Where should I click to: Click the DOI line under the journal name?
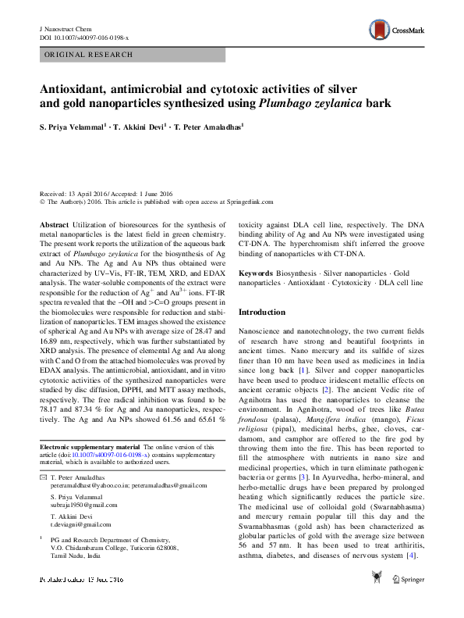tap(84, 37)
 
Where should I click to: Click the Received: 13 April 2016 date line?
tap(106, 194)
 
